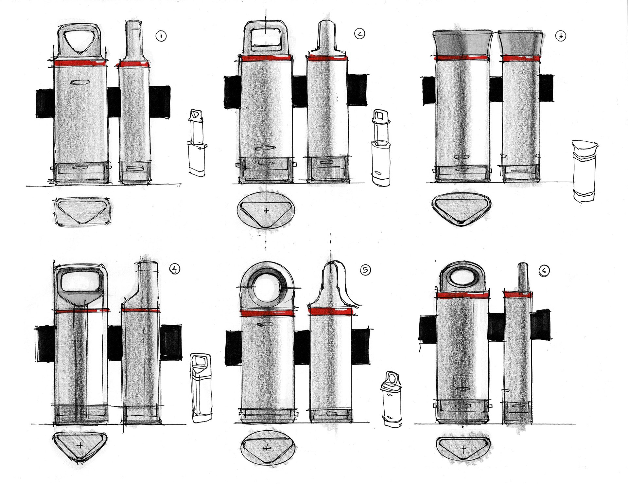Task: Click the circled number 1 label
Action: click(x=161, y=36)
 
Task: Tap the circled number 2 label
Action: click(x=359, y=34)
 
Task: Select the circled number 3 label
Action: click(x=561, y=36)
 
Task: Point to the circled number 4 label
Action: click(x=175, y=269)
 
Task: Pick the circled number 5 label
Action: click(x=365, y=270)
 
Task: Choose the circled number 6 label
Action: click(x=544, y=270)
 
